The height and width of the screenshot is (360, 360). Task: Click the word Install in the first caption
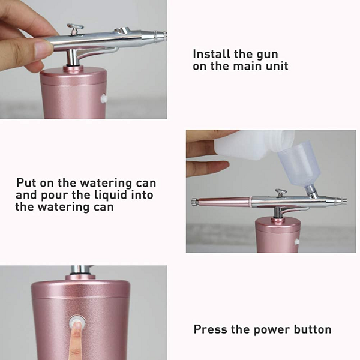click(x=212, y=54)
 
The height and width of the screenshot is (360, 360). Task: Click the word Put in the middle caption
click(x=26, y=183)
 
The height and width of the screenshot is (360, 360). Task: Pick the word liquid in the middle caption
click(x=111, y=195)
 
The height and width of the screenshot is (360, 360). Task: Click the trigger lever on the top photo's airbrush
click(x=75, y=29)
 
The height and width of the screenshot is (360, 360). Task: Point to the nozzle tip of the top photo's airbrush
click(x=161, y=36)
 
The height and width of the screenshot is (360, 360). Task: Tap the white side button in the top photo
click(x=104, y=98)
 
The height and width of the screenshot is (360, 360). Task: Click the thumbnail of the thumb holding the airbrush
click(x=44, y=47)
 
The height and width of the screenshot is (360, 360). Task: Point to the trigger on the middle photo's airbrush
click(x=281, y=193)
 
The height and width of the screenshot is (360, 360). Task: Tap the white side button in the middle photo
click(x=297, y=241)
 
